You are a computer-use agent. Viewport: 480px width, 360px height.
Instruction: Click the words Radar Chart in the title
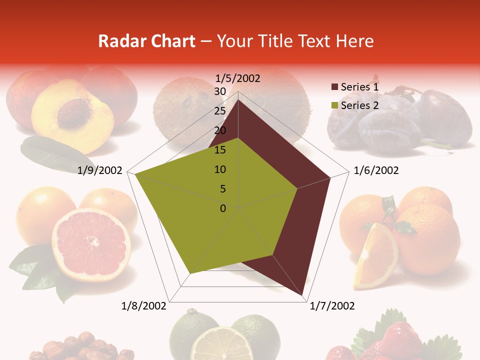pos(146,41)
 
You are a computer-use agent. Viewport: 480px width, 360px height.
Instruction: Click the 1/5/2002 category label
pos(238,78)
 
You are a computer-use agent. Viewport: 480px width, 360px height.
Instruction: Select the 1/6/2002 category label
pos(376,170)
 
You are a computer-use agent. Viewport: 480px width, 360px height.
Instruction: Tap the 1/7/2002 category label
pos(332,306)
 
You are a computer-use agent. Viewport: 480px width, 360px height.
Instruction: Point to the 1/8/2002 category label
pos(144,306)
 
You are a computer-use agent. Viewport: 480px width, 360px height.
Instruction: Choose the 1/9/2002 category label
pos(100,170)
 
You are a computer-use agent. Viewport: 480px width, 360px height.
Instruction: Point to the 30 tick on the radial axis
pos(220,91)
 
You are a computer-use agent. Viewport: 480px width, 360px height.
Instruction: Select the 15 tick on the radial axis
pos(220,150)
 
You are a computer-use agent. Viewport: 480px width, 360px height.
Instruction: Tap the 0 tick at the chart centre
pos(223,208)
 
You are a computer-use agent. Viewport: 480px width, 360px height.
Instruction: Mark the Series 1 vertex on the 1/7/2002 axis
pos(303,295)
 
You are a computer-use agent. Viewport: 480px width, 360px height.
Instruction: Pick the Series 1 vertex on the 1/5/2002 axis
pos(238,99)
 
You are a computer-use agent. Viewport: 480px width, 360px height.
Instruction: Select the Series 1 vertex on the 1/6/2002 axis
pos(330,177)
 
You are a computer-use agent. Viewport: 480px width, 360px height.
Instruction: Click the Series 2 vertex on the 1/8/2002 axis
pos(190,273)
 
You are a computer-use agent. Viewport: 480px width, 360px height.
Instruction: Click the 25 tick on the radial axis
pos(220,111)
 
